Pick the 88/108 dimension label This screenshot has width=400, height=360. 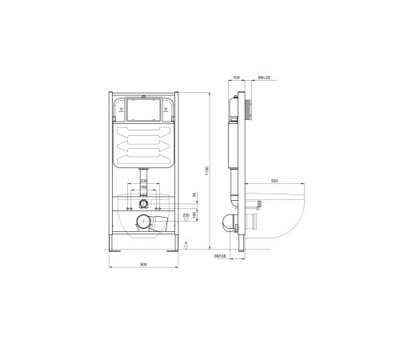click(x=219, y=256)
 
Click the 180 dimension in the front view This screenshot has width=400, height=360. click(x=142, y=188)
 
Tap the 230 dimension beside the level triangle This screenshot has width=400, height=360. click(x=186, y=215)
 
